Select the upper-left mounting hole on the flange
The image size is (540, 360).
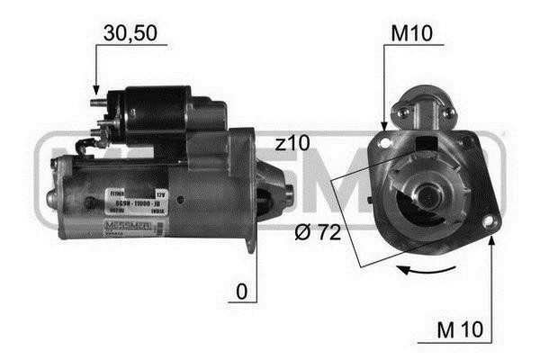point(387,140)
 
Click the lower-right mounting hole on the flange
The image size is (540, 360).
point(489,221)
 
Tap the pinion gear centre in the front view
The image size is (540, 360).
point(421,192)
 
